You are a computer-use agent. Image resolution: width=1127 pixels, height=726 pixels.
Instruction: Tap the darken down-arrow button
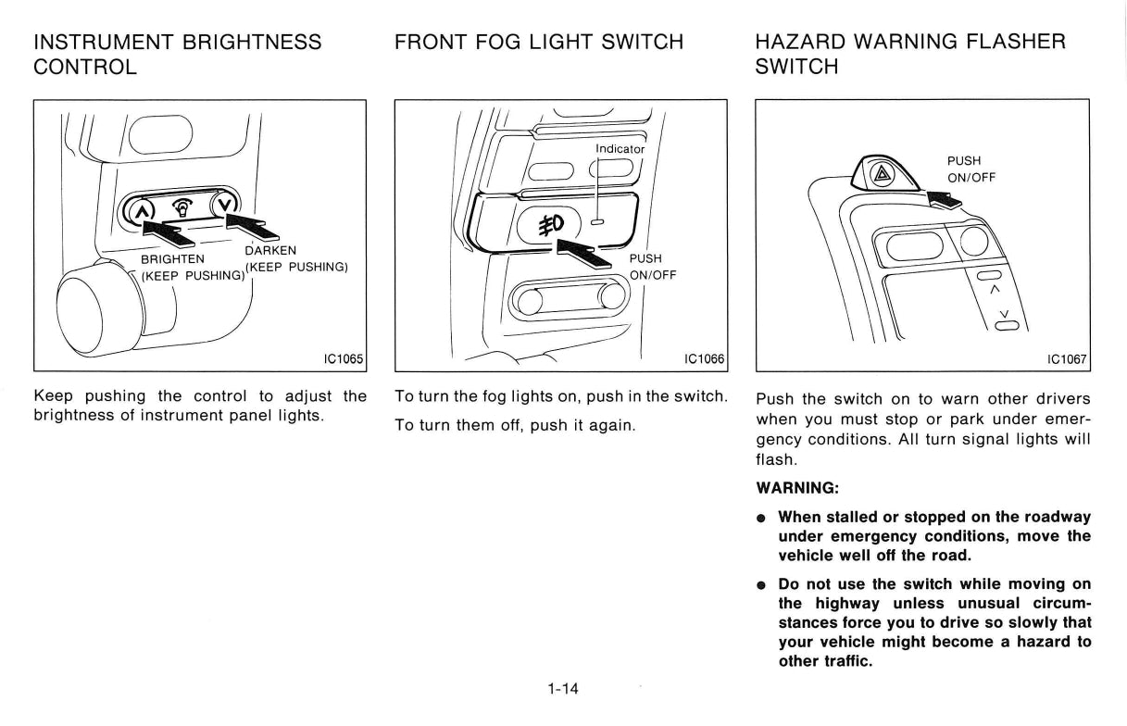coord(225,205)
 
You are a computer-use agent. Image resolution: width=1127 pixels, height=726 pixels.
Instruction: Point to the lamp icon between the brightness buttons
coord(182,207)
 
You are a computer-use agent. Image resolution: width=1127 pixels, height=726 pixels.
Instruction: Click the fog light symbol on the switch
coord(551,225)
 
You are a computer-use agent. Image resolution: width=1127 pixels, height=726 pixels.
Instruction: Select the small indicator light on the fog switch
coord(597,221)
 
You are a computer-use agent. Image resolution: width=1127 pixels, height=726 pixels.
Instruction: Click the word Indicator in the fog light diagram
coord(620,149)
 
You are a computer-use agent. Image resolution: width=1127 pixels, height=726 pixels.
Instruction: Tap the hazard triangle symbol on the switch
coord(882,175)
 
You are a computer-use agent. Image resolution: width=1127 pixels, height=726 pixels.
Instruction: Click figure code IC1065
coord(344,358)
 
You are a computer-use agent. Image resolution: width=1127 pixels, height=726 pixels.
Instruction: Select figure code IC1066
coord(704,358)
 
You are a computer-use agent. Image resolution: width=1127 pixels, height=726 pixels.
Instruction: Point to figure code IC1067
coord(1067,359)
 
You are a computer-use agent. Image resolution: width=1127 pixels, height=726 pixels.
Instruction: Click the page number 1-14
coord(563,688)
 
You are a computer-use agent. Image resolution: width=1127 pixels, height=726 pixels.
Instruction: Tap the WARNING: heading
coord(797,488)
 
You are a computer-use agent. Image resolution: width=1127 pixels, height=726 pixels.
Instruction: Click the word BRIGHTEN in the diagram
coord(172,259)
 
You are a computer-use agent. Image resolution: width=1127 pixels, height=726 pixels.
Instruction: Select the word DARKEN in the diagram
coord(270,251)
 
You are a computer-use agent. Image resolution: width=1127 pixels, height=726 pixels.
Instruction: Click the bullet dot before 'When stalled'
coord(762,519)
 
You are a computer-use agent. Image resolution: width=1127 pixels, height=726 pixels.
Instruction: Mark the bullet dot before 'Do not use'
coord(762,585)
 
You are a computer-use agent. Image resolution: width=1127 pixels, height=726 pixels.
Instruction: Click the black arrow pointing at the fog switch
coord(583,254)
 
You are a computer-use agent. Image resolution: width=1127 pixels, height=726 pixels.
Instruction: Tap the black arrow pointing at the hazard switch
coord(944,199)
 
